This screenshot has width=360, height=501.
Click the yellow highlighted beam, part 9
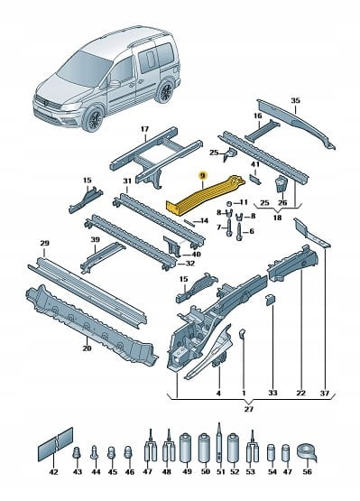[205, 195]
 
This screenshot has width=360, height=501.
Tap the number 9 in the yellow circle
[203, 175]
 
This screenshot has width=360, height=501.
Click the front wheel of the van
[94, 119]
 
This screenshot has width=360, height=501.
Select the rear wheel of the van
[165, 91]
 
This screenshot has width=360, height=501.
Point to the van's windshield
[80, 68]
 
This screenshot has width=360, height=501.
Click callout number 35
[295, 100]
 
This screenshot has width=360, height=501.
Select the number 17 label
[145, 129]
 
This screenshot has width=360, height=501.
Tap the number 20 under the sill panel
[87, 348]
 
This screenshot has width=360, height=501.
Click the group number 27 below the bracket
[248, 409]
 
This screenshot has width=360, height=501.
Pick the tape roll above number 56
[307, 452]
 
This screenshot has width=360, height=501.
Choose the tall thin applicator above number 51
[220, 444]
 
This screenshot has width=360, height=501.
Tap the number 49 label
[187, 471]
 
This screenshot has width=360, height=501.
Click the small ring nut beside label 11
[228, 203]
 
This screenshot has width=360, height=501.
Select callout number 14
[204, 220]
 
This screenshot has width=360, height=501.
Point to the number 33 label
[272, 393]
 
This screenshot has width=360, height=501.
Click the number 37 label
[324, 393]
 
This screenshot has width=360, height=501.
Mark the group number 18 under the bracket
[277, 218]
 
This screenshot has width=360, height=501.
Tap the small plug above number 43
[77, 452]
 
